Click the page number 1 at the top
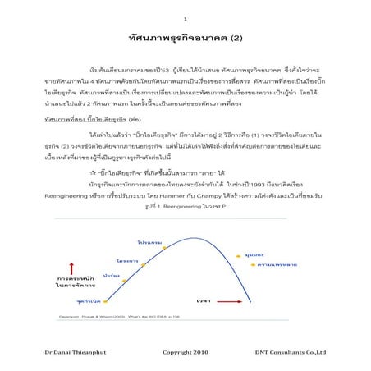[x=185, y=18]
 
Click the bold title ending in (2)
[x=185, y=39]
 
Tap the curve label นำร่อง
[x=112, y=276]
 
